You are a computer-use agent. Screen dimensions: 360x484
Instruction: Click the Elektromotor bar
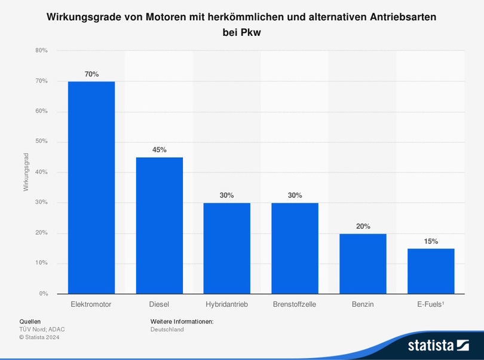[91, 187]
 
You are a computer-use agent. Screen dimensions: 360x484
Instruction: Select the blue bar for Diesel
[159, 225]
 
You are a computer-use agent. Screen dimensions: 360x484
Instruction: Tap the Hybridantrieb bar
[227, 248]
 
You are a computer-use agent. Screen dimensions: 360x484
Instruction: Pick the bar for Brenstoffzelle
[295, 248]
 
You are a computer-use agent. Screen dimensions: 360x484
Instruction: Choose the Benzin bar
[363, 263]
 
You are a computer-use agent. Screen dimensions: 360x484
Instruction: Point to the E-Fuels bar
[431, 271]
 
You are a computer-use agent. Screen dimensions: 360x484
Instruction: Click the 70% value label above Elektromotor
[91, 74]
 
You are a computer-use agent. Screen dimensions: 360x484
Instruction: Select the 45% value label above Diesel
[159, 150]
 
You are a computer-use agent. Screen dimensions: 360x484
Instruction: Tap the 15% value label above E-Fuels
[431, 242]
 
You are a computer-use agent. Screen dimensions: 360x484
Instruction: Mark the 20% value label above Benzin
[363, 226]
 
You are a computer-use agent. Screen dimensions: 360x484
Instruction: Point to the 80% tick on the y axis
[42, 50]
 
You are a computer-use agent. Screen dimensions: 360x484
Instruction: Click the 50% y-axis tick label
[42, 142]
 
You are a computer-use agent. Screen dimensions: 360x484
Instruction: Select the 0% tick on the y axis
[44, 294]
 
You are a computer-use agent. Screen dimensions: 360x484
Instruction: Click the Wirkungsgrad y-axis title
[26, 172]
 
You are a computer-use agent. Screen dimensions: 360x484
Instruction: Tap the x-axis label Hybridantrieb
[226, 304]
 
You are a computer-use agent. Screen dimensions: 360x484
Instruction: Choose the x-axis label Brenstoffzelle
[295, 304]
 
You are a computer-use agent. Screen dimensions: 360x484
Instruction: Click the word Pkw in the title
[250, 33]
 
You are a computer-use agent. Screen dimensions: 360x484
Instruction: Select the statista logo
[438, 345]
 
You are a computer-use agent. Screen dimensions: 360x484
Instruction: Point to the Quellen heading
[30, 322]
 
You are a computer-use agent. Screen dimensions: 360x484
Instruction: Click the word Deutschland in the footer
[167, 330]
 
